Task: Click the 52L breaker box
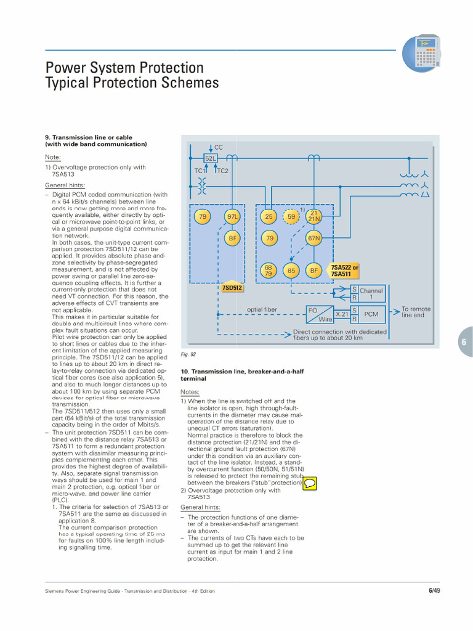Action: tap(211, 158)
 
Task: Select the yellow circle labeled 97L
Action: tap(232, 216)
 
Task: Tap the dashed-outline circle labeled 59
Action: tap(291, 216)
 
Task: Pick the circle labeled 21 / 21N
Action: tap(314, 216)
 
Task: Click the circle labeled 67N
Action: tap(314, 238)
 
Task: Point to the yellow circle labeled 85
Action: tap(291, 271)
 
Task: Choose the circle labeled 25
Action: tap(269, 216)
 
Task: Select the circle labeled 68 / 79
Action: tap(269, 271)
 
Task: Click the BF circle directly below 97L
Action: tap(232, 238)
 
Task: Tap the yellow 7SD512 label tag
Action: tap(232, 288)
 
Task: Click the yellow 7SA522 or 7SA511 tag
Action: tap(344, 271)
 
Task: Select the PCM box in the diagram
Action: tap(371, 314)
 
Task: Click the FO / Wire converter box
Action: tap(320, 314)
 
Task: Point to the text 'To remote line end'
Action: tap(416, 312)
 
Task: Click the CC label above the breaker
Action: tap(218, 147)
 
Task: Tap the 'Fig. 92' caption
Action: tap(188, 354)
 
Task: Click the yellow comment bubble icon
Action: tap(310, 482)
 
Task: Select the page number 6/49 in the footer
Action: tap(434, 591)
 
